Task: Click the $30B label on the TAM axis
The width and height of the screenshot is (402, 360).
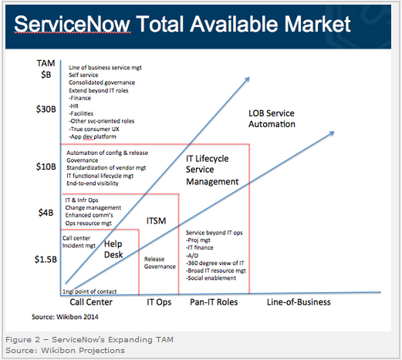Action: (46, 109)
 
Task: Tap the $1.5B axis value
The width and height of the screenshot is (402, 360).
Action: (46, 259)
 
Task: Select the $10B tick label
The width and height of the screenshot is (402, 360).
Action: (46, 167)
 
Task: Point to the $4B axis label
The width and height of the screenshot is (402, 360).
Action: (46, 213)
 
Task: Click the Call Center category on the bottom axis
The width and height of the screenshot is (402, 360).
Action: (91, 302)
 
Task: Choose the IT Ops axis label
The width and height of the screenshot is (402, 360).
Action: (159, 302)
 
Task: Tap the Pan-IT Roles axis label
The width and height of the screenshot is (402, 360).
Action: (214, 302)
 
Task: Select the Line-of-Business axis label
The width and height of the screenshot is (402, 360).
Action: (299, 302)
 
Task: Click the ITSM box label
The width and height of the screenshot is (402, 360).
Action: (156, 220)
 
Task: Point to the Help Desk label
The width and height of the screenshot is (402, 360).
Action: (113, 249)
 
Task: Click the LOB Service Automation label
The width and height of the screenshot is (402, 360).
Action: (272, 119)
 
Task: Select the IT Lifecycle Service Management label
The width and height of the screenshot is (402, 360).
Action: (212, 170)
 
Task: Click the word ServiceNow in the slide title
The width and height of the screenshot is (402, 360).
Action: (73, 24)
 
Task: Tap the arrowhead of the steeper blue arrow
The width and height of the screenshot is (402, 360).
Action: (248, 78)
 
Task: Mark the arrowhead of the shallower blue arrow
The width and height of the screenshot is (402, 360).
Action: (333, 133)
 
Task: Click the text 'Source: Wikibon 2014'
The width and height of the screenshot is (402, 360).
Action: (65, 317)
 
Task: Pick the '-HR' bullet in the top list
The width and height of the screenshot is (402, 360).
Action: (74, 106)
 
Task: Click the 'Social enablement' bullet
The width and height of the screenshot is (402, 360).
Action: (211, 278)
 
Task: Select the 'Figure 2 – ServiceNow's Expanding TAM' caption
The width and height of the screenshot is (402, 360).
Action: (90, 340)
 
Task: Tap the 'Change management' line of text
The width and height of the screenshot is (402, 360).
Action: (93, 207)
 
